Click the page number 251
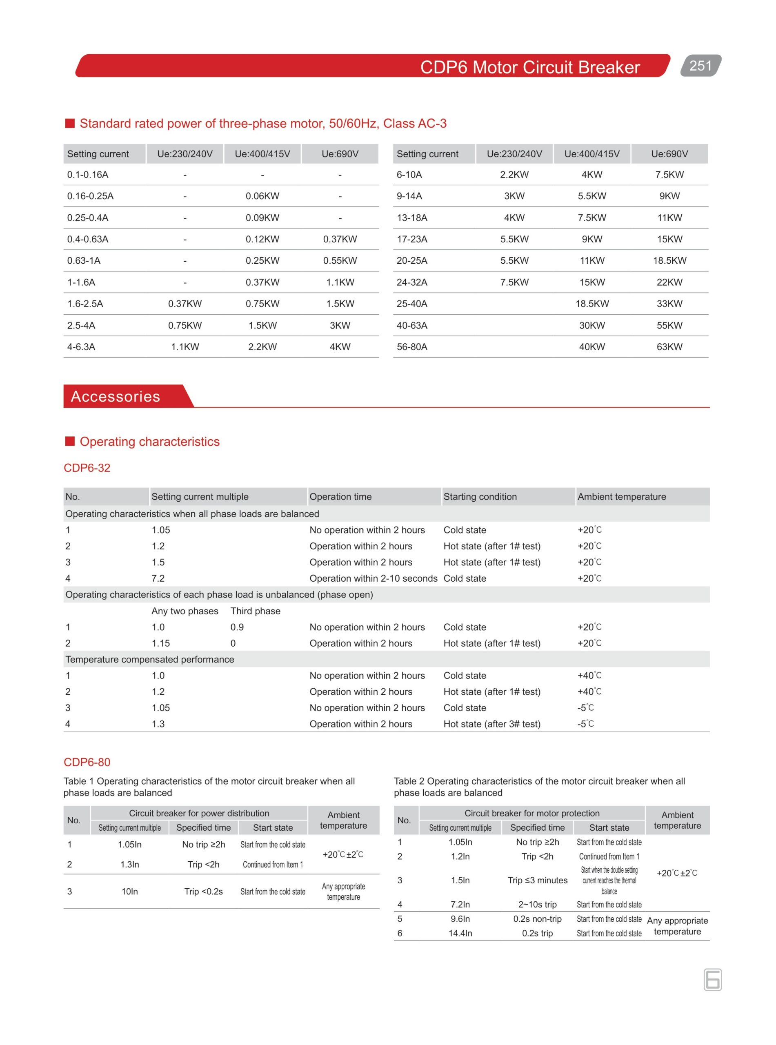coord(700,66)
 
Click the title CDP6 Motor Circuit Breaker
coord(530,67)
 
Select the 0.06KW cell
coord(262,196)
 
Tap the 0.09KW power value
coord(262,218)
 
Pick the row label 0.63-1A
coord(84,261)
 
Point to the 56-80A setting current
coord(412,347)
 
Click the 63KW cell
coord(669,347)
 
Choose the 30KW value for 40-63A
coord(592,325)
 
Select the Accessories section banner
coord(116,396)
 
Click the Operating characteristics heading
coord(149,442)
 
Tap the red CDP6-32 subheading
coord(87,468)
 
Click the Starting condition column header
coord(480,496)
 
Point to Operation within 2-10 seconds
coord(373,578)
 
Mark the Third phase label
coord(255,611)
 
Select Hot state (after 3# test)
coord(492,724)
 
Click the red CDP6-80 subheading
coord(87,762)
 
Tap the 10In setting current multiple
coord(130,891)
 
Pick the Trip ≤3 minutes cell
coord(537,880)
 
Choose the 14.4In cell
coord(460,933)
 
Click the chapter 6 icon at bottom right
coord(712,980)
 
